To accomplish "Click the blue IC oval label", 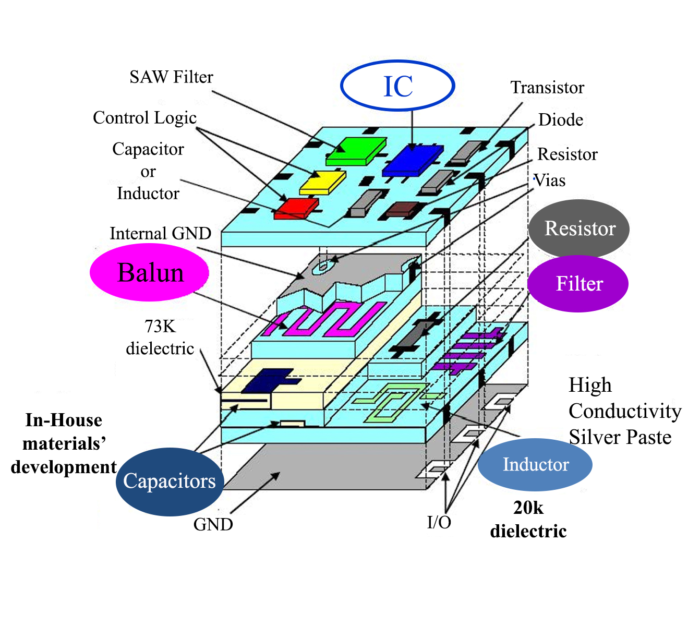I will coord(397,86).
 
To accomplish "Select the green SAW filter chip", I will coord(356,151).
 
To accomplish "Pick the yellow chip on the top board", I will coord(322,182).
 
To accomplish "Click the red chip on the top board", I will coord(296,208).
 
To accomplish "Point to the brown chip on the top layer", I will coord(402,210).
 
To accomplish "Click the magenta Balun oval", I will coord(150,273).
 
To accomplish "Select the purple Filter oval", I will coord(578,284).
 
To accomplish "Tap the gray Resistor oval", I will coord(579,228).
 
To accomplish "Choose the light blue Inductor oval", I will coord(535,464).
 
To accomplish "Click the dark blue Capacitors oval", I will coord(170,481).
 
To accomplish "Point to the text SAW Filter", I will coord(171,77).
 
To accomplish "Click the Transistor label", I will coord(547,88).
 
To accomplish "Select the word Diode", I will coord(560,120).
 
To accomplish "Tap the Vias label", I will coord(550,180).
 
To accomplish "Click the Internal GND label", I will coord(160,233).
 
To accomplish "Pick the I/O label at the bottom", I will coord(439,522).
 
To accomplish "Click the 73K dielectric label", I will coord(160,337).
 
